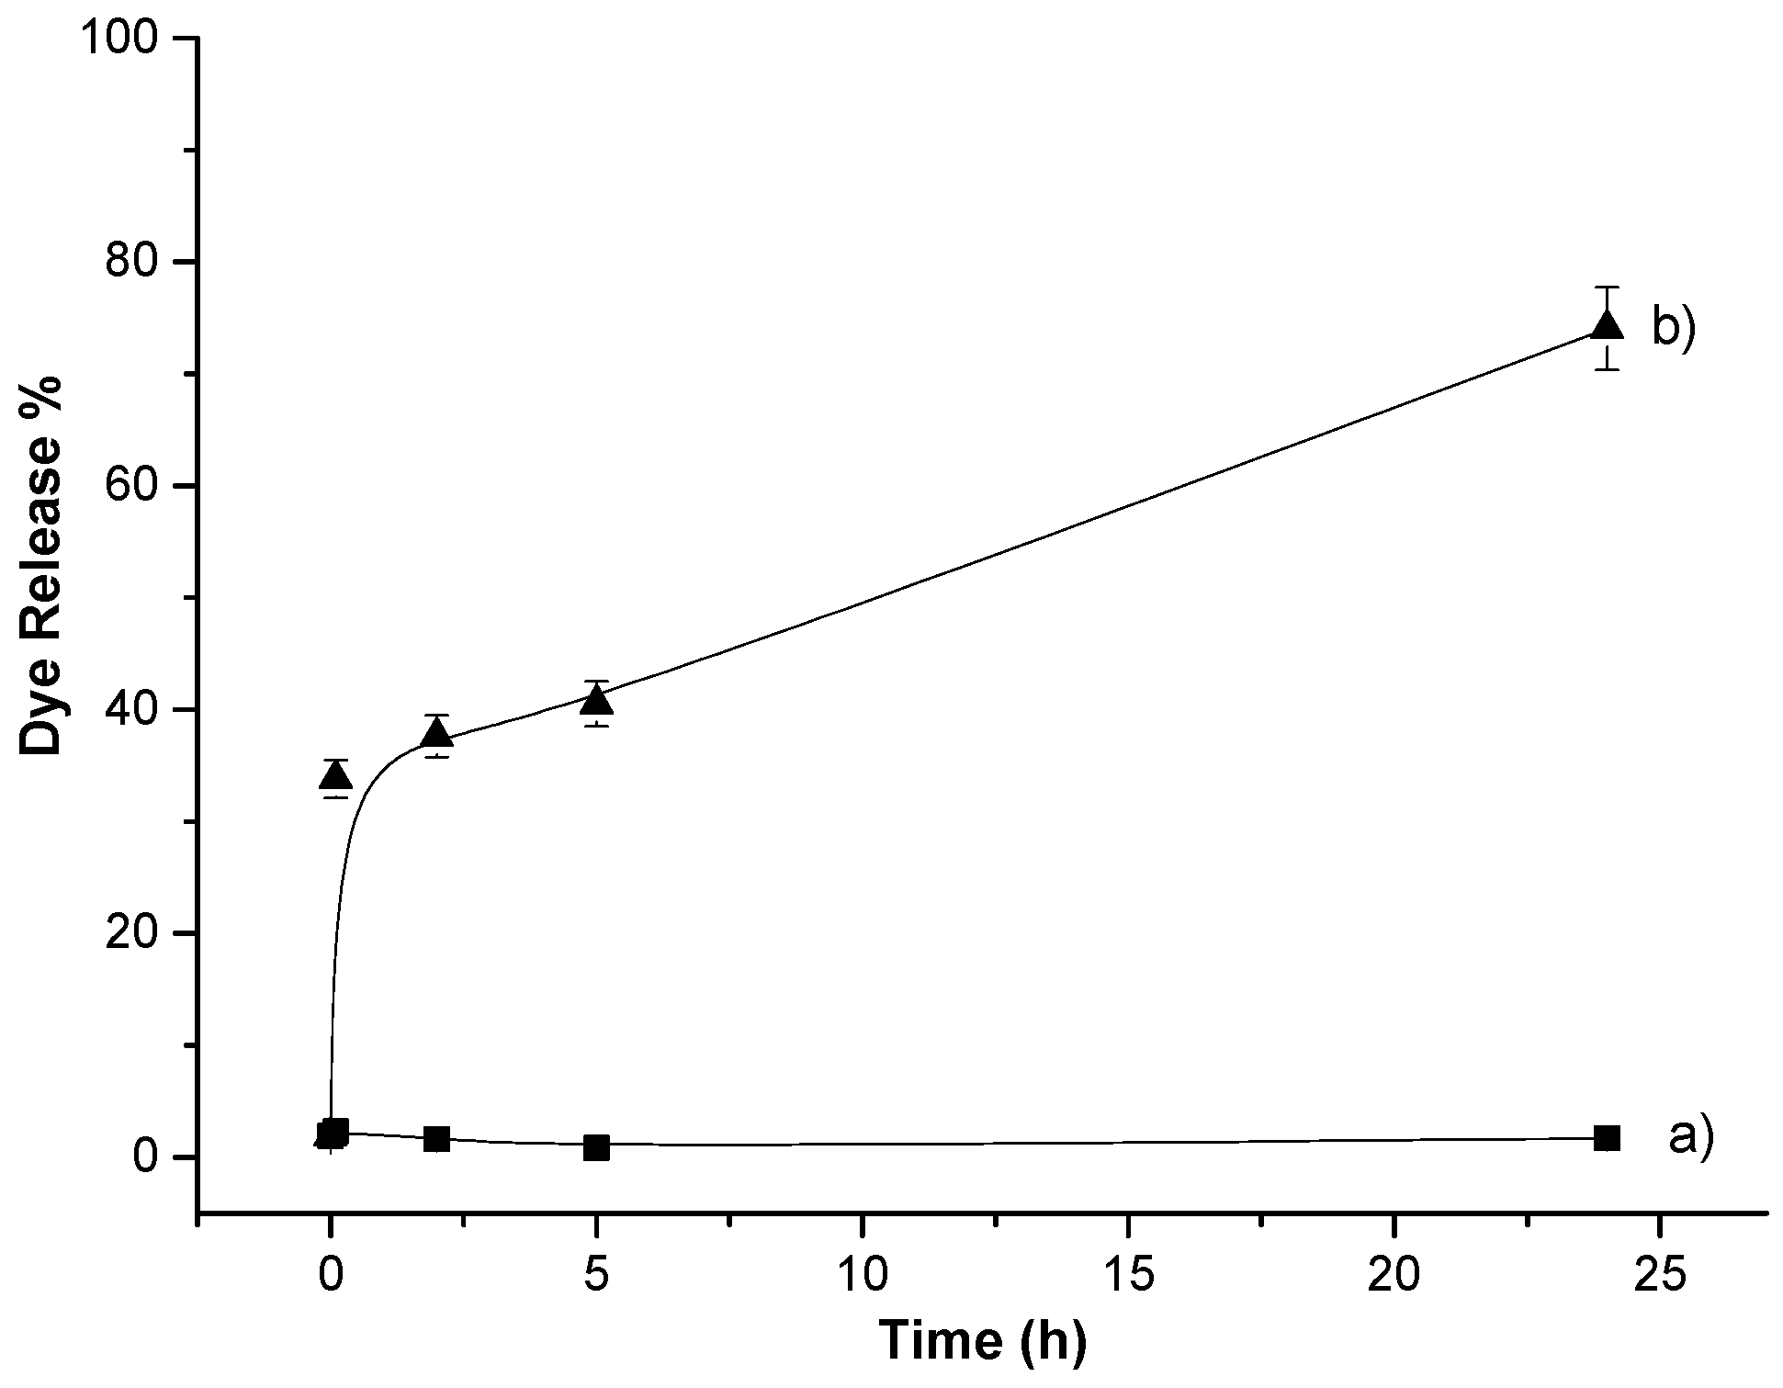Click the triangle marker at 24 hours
pyautogui.click(x=1606, y=326)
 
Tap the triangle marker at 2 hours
pyautogui.click(x=437, y=734)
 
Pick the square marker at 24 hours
pyautogui.click(x=1607, y=1138)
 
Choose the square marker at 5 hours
pyautogui.click(x=597, y=1147)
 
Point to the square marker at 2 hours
pyautogui.click(x=437, y=1139)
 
